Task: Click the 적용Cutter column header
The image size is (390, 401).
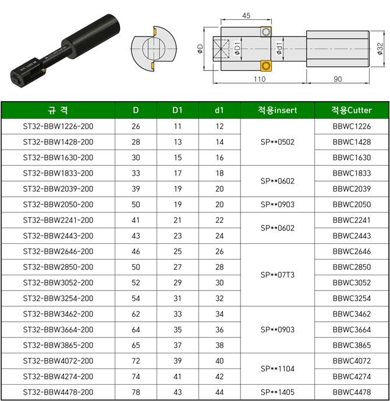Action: [352, 110]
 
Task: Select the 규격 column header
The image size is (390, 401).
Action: [58, 110]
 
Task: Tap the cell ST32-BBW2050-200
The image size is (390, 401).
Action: [58, 204]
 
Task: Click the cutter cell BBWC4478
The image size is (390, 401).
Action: [352, 392]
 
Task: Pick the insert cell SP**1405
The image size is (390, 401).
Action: [277, 392]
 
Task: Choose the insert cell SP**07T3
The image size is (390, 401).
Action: [277, 275]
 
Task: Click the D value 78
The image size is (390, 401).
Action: [136, 392]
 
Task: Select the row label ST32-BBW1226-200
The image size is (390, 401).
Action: [58, 126]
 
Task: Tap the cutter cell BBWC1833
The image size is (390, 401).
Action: [352, 173]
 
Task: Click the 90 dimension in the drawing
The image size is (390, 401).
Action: [338, 79]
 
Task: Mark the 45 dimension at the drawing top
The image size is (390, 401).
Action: [246, 16]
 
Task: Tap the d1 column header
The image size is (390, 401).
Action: [219, 110]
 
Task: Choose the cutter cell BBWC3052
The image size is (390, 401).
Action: [352, 283]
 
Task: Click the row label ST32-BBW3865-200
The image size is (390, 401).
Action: [58, 345]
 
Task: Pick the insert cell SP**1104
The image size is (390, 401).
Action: [277, 369]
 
